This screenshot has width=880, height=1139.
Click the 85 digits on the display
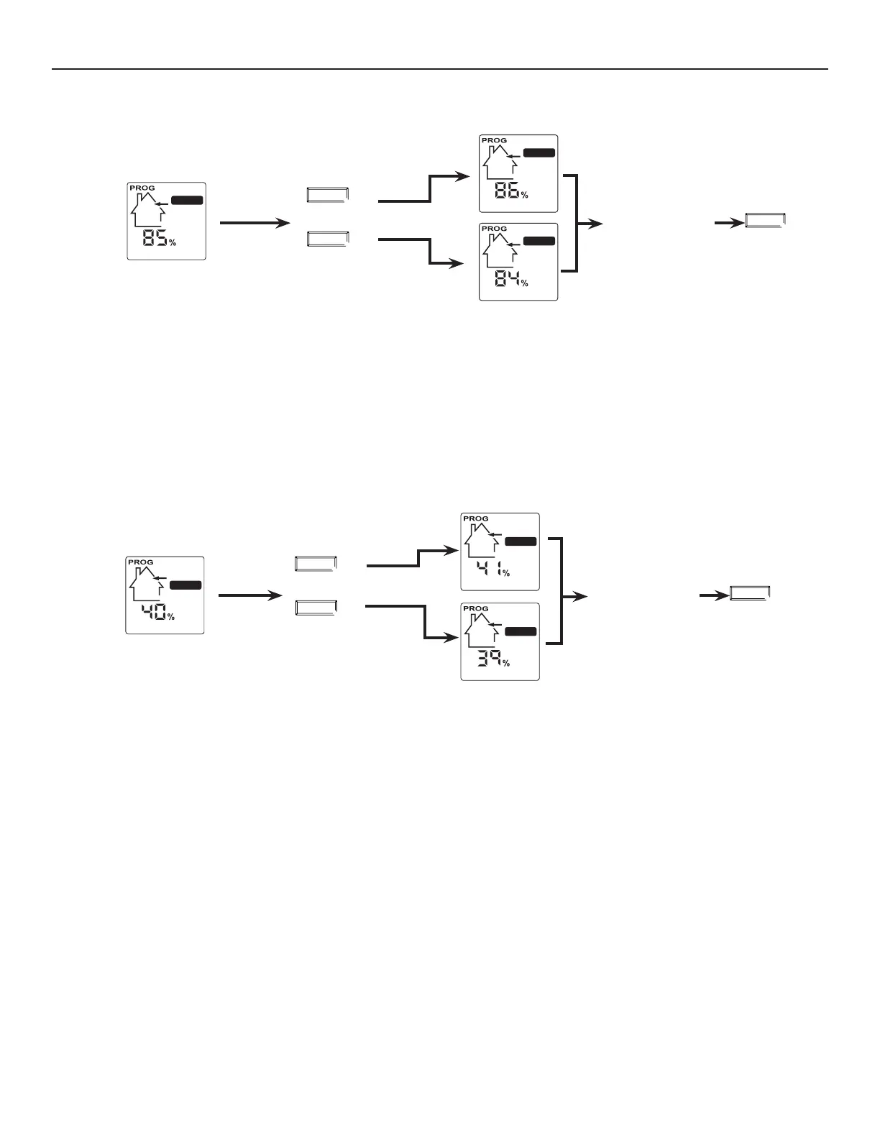pyautogui.click(x=154, y=238)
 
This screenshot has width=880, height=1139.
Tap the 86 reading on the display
pyautogui.click(x=506, y=191)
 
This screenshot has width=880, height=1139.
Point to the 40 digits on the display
pyautogui.click(x=153, y=613)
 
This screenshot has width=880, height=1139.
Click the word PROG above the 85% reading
pyautogui.click(x=142, y=188)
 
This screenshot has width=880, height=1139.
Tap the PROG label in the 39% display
pyautogui.click(x=475, y=608)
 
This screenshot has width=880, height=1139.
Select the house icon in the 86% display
pyautogui.click(x=498, y=163)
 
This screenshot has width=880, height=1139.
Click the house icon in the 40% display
pyautogui.click(x=146, y=583)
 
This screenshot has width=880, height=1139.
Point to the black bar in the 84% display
pyautogui.click(x=539, y=241)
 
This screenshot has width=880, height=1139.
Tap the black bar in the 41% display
pyautogui.click(x=521, y=541)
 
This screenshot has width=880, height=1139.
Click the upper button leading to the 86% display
pyautogui.click(x=328, y=194)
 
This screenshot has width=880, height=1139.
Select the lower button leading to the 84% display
pyautogui.click(x=328, y=238)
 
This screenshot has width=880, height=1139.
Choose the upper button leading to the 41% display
pyautogui.click(x=316, y=564)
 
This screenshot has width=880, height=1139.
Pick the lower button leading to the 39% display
pyautogui.click(x=316, y=608)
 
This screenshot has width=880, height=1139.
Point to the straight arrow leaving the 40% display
pyautogui.click(x=249, y=595)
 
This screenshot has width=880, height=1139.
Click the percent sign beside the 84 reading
pyautogui.click(x=525, y=283)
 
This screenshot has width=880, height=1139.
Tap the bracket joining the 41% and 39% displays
pyautogui.click(x=559, y=590)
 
